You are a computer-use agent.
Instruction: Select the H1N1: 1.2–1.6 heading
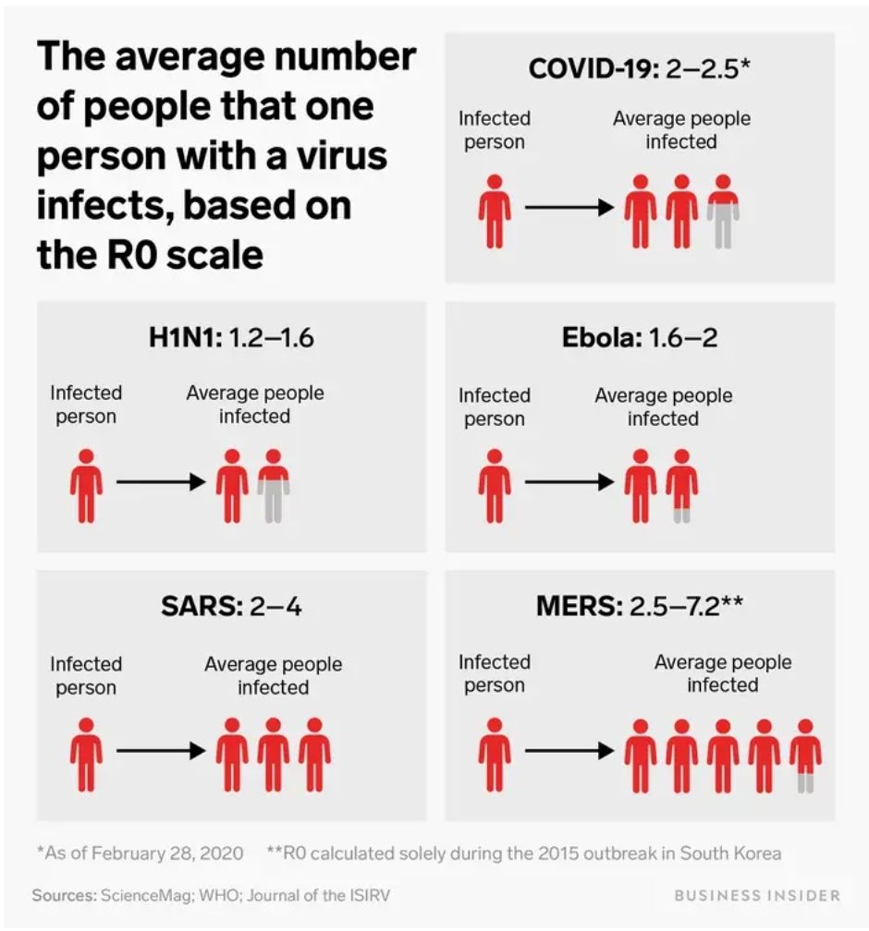click(231, 338)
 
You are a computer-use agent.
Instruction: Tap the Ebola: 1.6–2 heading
click(640, 338)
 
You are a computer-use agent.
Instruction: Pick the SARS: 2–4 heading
click(231, 607)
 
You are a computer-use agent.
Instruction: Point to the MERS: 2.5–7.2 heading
click(640, 607)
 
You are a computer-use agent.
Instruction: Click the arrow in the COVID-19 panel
click(569, 208)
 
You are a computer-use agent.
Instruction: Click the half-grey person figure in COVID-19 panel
click(723, 212)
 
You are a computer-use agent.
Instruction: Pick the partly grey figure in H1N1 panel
click(274, 486)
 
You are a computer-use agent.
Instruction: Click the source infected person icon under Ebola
click(495, 486)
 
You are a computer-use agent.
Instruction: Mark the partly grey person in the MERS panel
click(805, 756)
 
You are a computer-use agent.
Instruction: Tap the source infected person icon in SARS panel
click(86, 756)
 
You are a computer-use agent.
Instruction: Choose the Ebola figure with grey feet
click(682, 486)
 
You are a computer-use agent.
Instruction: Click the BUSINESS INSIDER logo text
click(757, 895)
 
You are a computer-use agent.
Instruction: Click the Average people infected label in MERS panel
click(723, 673)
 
